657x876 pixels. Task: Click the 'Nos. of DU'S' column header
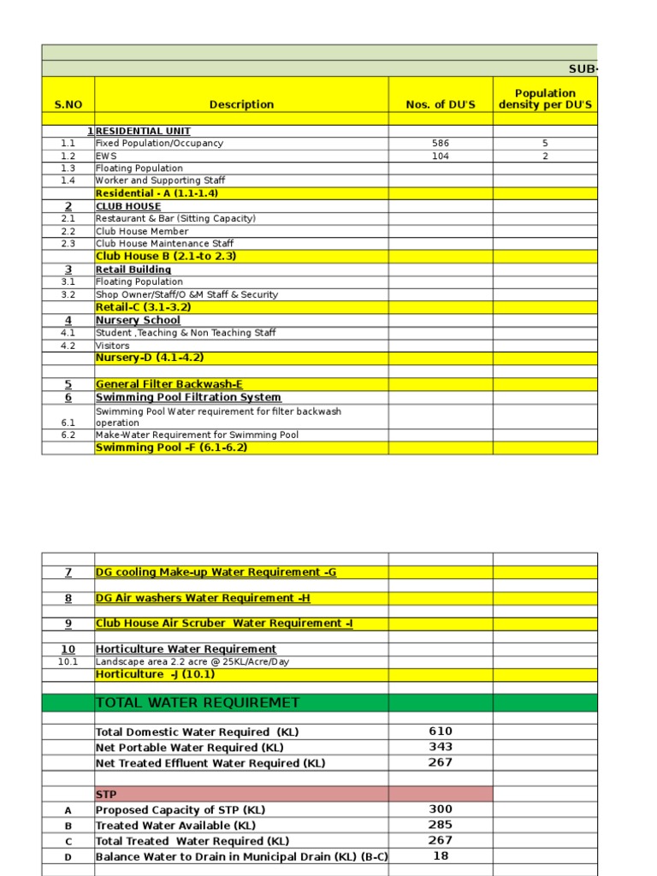pyautogui.click(x=441, y=104)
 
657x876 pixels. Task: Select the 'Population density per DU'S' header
pyautogui.click(x=545, y=98)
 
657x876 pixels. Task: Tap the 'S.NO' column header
pyautogui.click(x=68, y=104)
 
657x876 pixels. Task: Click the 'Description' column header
pyautogui.click(x=241, y=104)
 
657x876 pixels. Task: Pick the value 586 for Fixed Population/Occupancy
pyautogui.click(x=441, y=144)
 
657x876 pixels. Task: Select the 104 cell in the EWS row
pyautogui.click(x=441, y=157)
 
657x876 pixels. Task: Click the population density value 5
pyautogui.click(x=545, y=144)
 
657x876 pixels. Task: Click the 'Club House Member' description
pyautogui.click(x=142, y=231)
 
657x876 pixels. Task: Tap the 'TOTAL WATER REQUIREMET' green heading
pyautogui.click(x=198, y=703)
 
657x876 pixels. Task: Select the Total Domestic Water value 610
pyautogui.click(x=441, y=731)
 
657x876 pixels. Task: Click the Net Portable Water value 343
pyautogui.click(x=441, y=747)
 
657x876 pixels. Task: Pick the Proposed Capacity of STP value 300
pyautogui.click(x=441, y=809)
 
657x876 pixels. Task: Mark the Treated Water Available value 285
pyautogui.click(x=441, y=825)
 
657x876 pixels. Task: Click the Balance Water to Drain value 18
pyautogui.click(x=441, y=855)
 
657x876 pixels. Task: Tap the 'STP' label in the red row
pyautogui.click(x=106, y=794)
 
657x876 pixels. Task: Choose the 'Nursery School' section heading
pyautogui.click(x=138, y=320)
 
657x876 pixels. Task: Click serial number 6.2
pyautogui.click(x=68, y=435)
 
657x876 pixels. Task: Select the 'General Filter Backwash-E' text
pyautogui.click(x=169, y=384)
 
